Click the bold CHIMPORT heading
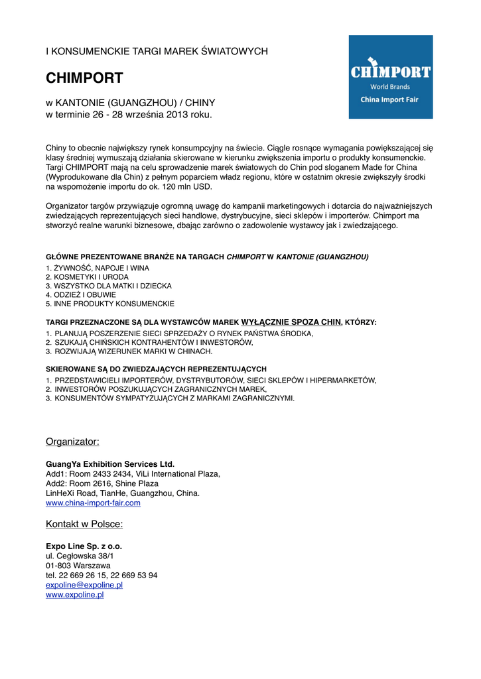click(x=84, y=78)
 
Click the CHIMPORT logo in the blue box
click(x=391, y=72)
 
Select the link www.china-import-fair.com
click(x=93, y=503)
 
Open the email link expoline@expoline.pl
click(x=84, y=586)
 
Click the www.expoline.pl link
click(x=74, y=595)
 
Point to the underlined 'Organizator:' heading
click(x=72, y=442)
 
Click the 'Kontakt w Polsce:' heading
click(x=84, y=525)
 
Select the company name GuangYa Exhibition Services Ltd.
click(x=110, y=463)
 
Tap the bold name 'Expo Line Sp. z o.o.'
click(x=84, y=546)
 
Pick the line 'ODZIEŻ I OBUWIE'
click(x=85, y=295)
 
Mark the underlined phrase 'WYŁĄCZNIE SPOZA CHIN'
click(x=291, y=322)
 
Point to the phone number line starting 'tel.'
click(x=102, y=576)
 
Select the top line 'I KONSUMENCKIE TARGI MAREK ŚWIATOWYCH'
click(x=157, y=51)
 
